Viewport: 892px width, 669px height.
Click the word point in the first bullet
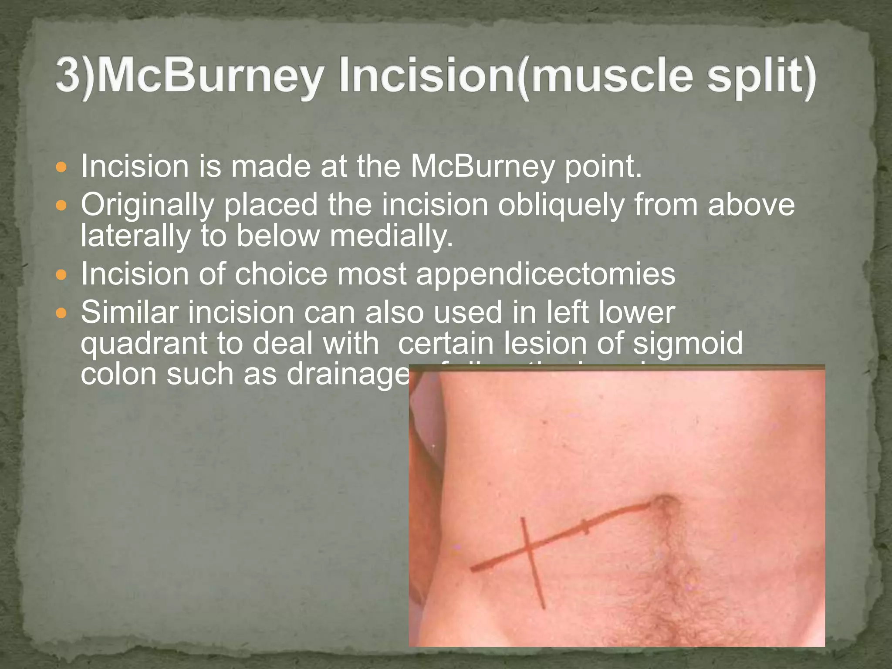[x=603, y=167]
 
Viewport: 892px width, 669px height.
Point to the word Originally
[x=147, y=205]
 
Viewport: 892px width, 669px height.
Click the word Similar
[x=129, y=312]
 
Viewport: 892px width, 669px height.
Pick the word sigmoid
[x=688, y=343]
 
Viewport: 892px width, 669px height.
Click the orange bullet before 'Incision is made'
[x=62, y=167]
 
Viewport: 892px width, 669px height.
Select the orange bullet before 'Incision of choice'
[x=62, y=275]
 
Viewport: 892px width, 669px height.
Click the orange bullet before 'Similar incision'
[x=62, y=313]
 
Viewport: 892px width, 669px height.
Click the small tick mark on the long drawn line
[x=585, y=527]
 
